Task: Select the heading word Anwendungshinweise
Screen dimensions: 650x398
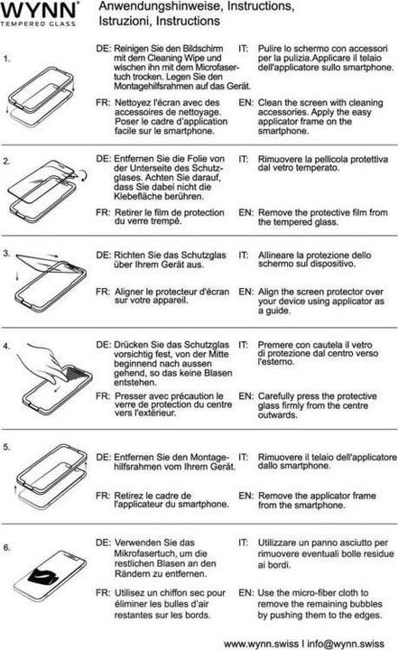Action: [x=149, y=6]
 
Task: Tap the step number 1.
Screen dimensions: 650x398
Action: [x=7, y=60]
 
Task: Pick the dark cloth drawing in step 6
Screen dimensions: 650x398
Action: [x=52, y=571]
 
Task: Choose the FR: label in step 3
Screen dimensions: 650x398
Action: [x=103, y=292]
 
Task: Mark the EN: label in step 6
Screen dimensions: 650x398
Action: [x=245, y=592]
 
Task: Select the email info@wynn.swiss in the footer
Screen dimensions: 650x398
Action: [x=351, y=643]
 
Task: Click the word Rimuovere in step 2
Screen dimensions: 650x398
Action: [x=284, y=158]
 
